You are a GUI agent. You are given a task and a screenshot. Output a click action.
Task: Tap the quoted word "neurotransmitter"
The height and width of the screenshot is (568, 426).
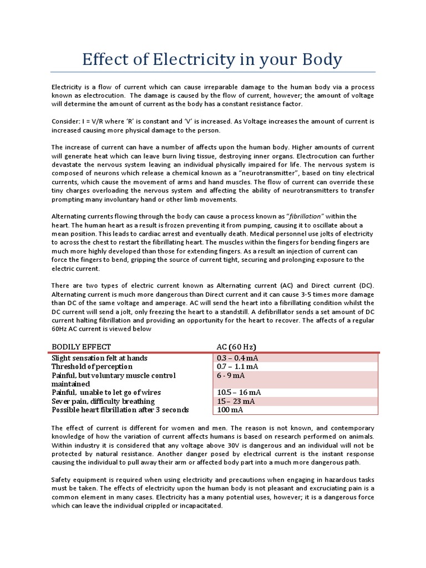tap(285, 173)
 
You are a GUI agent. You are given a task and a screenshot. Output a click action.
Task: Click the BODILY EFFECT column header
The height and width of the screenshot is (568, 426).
tap(81, 347)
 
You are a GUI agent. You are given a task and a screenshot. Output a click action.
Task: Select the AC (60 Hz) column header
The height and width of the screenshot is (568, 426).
tap(236, 347)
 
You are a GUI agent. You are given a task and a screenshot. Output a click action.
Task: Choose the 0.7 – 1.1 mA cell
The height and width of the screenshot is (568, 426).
tap(237, 367)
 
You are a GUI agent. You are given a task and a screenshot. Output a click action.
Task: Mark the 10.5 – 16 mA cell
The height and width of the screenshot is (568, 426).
tap(239, 392)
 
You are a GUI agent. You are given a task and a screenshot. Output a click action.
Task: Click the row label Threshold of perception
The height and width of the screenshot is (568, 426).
tap(92, 367)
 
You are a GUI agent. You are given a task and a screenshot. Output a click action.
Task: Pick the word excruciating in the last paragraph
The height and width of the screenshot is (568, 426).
tap(308, 488)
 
